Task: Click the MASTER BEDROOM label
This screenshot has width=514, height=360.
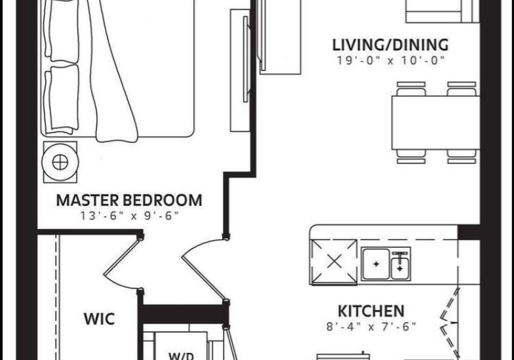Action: click(x=129, y=201)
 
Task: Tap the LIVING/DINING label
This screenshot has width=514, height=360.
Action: click(x=391, y=45)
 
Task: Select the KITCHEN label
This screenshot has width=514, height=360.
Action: click(x=371, y=311)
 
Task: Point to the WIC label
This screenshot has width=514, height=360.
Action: click(x=99, y=319)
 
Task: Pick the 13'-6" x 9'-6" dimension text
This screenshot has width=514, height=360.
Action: click(x=130, y=216)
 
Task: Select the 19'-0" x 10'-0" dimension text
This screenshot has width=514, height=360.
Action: click(x=391, y=60)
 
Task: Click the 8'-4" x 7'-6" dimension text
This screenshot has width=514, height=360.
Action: click(x=371, y=327)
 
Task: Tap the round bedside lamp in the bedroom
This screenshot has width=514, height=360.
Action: click(x=60, y=162)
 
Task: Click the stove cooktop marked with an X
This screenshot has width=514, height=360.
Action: click(x=334, y=262)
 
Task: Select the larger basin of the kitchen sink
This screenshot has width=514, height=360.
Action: click(x=376, y=264)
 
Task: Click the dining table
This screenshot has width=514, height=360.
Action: click(x=435, y=123)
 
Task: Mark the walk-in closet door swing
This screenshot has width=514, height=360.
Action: click(x=121, y=264)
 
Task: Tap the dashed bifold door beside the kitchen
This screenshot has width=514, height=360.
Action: click(x=449, y=323)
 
